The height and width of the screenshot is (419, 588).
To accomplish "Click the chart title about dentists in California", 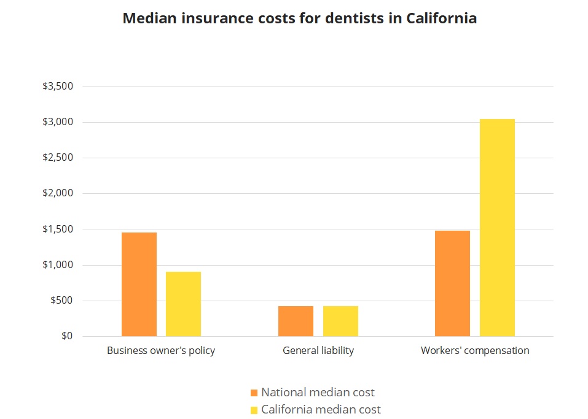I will [299, 18].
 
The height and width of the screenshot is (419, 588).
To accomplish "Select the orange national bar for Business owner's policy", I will [139, 284].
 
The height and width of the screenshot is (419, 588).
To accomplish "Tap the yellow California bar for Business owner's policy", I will [183, 304].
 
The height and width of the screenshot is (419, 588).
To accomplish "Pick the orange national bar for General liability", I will [296, 321].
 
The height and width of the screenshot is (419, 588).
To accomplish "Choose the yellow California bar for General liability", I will [340, 321].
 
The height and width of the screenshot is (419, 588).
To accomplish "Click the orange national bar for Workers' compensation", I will [452, 283].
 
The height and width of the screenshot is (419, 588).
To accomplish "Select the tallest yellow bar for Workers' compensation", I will [497, 228].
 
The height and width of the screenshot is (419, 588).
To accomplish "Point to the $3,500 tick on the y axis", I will [58, 86].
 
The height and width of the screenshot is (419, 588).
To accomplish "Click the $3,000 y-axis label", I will [58, 122].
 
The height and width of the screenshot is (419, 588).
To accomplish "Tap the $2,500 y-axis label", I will [58, 158].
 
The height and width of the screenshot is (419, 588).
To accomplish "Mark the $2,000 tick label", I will [58, 193].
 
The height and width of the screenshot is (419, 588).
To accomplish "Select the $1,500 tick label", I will [58, 229].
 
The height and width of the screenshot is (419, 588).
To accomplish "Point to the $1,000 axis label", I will [58, 265].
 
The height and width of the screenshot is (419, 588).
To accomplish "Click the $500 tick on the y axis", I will [61, 301].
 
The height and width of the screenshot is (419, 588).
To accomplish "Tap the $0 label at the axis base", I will [66, 336].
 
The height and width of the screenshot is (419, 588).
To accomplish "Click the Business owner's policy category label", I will [161, 351].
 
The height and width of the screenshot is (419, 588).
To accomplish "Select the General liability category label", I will [318, 351].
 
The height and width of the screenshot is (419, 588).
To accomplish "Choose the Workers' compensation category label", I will [475, 351].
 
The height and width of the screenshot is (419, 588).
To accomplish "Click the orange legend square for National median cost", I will [254, 393].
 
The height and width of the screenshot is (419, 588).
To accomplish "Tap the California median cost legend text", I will [321, 409].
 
